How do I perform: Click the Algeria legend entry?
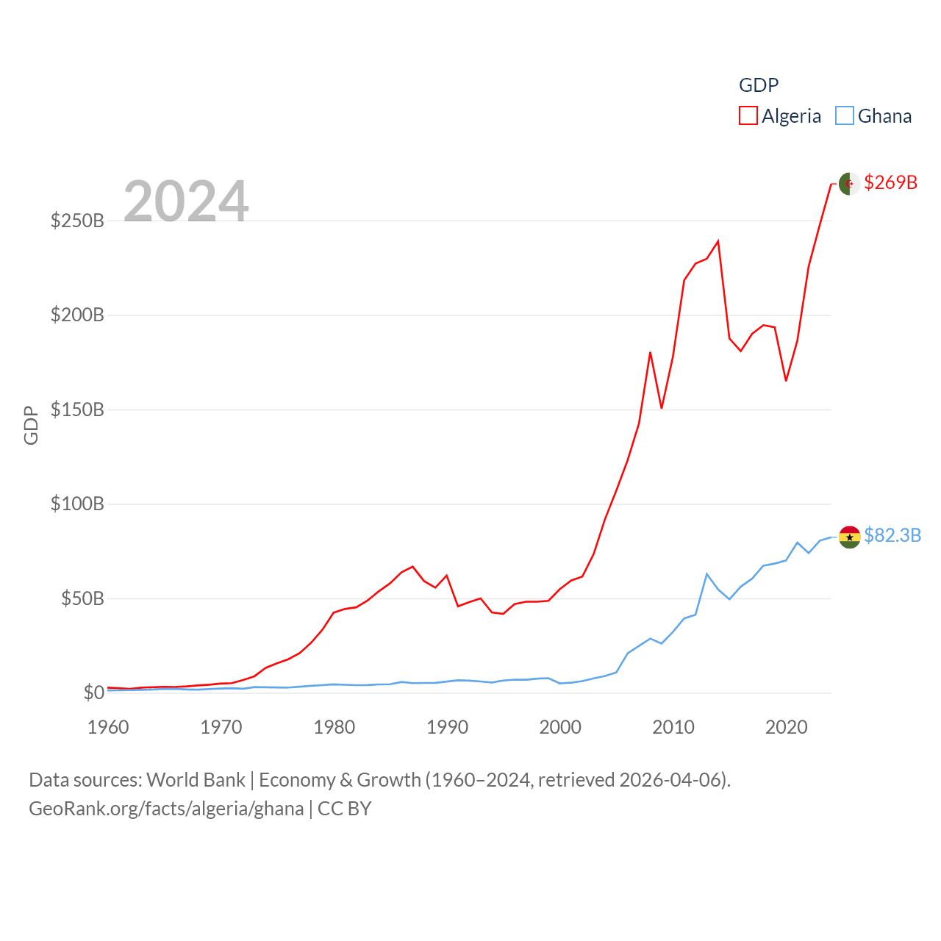tap(780, 116)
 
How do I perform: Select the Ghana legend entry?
tap(874, 116)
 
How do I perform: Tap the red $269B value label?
tap(890, 182)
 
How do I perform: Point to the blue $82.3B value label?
tap(892, 535)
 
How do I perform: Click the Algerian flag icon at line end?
tap(849, 184)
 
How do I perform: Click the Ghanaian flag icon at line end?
tap(849, 537)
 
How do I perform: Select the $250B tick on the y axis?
tap(77, 221)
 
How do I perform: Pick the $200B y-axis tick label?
tap(77, 315)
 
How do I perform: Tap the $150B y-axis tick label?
tap(77, 409)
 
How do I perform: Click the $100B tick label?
tap(77, 504)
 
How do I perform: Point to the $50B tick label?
tap(82, 598)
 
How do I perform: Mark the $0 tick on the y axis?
tap(93, 693)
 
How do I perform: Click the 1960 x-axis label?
tap(108, 727)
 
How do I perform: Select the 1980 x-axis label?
tap(334, 727)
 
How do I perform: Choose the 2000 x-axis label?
tap(560, 727)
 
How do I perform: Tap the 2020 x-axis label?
tap(786, 727)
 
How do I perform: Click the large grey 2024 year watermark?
tap(186, 201)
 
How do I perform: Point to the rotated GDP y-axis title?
tap(31, 425)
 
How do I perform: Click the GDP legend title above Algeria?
tap(758, 85)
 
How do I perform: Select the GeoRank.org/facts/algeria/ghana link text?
tap(166, 809)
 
